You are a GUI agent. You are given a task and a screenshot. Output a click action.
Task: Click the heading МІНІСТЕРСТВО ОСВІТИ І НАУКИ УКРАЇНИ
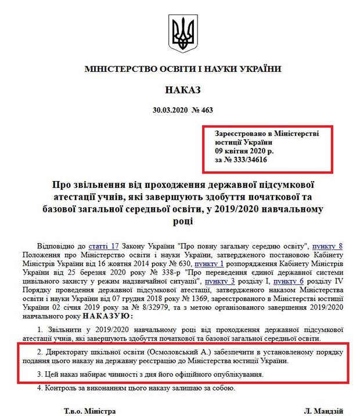(182, 69)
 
